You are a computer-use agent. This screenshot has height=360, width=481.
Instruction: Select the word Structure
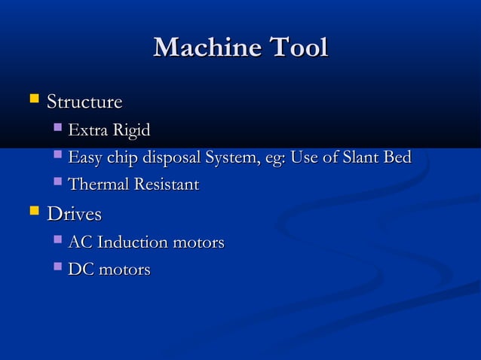[84, 102]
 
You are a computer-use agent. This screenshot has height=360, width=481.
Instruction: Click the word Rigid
[131, 131]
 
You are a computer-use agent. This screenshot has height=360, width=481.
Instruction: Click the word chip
[122, 158]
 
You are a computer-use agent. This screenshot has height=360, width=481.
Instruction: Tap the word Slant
[360, 158]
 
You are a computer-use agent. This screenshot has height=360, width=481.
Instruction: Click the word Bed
[397, 158]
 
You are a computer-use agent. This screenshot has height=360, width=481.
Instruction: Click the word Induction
[133, 243]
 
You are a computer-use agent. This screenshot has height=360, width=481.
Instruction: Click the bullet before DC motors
[59, 267]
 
